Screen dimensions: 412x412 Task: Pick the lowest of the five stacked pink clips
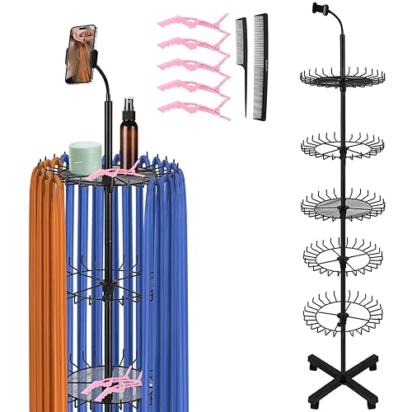[194, 108]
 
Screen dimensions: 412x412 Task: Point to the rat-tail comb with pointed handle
[241, 58]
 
